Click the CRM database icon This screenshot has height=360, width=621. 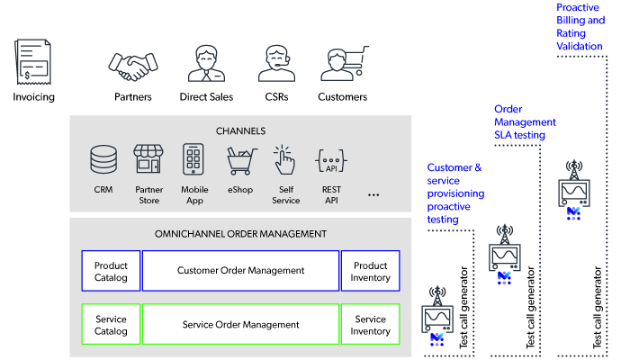[x=103, y=160]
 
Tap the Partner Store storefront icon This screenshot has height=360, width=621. [x=148, y=159]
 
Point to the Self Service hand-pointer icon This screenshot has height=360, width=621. [x=285, y=160]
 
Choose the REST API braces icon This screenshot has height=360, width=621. [x=331, y=161]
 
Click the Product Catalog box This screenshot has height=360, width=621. [x=111, y=271]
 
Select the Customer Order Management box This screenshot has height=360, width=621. [x=240, y=271]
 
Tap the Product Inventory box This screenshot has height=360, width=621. [x=370, y=271]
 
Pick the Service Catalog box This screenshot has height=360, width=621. [x=111, y=325]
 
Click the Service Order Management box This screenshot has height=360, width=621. [x=240, y=325]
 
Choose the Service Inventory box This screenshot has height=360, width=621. [x=370, y=325]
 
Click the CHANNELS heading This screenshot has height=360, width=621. [x=240, y=130]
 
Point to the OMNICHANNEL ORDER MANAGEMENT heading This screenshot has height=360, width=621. [x=240, y=234]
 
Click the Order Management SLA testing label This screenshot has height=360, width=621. [x=525, y=122]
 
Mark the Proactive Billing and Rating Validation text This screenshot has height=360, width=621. [x=580, y=26]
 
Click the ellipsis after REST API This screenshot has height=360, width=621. [x=374, y=193]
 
